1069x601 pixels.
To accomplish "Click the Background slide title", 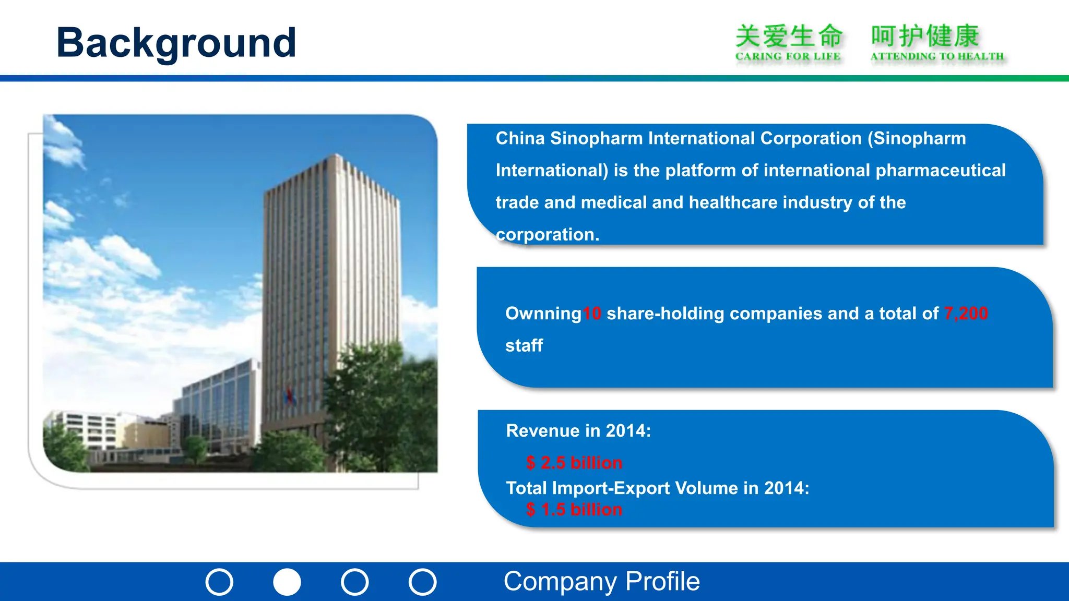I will (176, 43).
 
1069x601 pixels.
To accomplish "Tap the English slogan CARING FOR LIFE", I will (788, 56).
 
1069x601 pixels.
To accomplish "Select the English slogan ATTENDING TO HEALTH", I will (937, 56).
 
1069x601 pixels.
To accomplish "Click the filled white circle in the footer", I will (287, 582).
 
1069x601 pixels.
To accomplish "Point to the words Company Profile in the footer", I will (601, 581).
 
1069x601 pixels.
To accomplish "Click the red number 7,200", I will (966, 313).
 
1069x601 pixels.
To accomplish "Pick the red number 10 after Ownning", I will (592, 314).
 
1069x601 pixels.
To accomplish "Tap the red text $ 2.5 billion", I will (574, 463).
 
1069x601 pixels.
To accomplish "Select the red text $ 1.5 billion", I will (574, 509).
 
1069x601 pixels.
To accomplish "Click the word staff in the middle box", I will (524, 345).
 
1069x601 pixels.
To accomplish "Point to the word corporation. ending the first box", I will (548, 235).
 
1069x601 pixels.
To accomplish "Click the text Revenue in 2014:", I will (578, 431).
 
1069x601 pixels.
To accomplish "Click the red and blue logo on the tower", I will (290, 396).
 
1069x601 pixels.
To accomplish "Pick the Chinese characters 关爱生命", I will (789, 37).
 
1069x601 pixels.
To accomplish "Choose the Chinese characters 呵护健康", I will (924, 37).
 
